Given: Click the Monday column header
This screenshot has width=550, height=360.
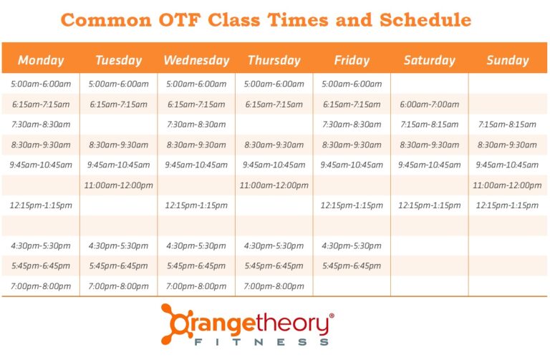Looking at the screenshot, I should (x=41, y=60).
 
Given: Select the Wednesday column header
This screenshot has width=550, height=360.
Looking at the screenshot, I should (x=196, y=60).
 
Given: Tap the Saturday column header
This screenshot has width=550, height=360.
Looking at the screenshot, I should (x=429, y=60).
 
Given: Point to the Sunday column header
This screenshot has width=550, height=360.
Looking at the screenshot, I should (x=507, y=60).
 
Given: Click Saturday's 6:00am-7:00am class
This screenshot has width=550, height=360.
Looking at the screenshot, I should (x=430, y=104).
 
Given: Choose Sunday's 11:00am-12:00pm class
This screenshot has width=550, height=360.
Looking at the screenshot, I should (x=507, y=185).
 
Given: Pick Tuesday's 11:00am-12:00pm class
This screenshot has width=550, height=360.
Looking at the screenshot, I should (x=119, y=185).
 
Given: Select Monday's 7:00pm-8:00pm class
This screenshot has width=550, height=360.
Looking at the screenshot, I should (x=41, y=286).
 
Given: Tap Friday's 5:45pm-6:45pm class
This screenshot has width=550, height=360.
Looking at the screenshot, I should (x=352, y=266).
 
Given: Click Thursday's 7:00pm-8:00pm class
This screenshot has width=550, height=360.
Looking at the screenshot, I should (x=274, y=286).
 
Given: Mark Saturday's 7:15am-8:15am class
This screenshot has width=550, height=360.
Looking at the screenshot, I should (x=430, y=125).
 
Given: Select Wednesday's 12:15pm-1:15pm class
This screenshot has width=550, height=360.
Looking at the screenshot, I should (x=196, y=205).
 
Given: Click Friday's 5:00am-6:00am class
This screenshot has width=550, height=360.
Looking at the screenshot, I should (x=352, y=84).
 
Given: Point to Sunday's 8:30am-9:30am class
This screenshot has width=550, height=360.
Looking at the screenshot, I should (x=507, y=145).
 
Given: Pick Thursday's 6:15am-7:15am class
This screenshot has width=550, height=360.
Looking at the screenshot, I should (x=274, y=104).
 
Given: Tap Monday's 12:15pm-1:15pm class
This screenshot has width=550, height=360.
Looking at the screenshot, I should (x=41, y=205).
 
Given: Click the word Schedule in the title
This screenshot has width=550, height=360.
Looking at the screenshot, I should (x=425, y=19).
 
